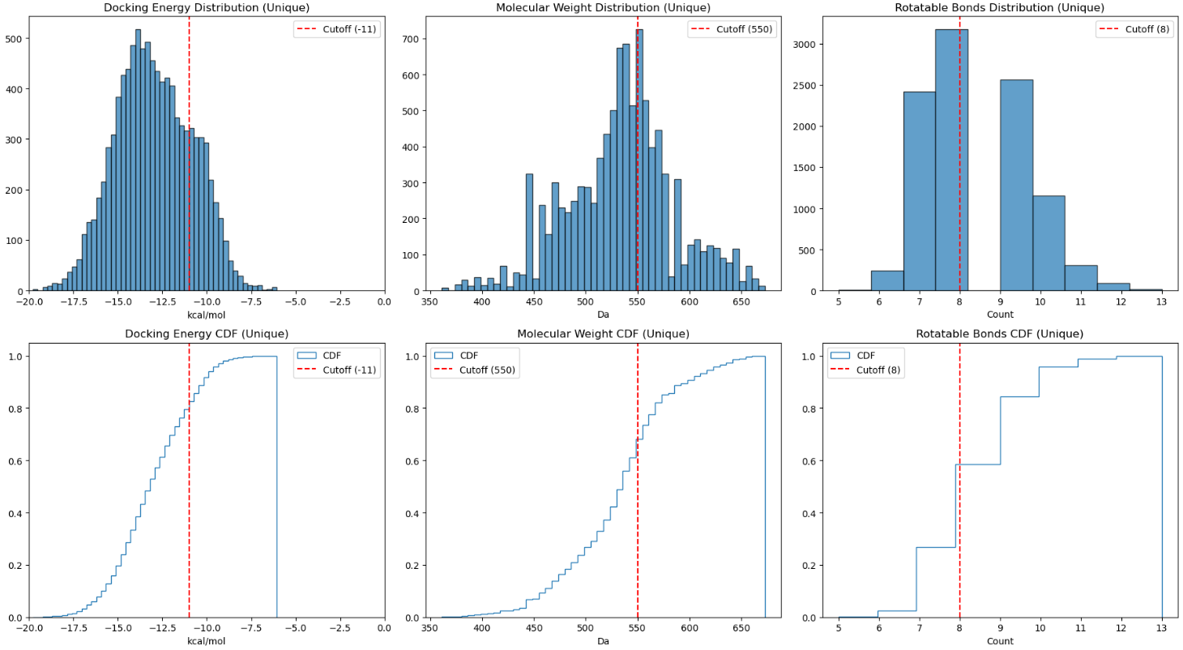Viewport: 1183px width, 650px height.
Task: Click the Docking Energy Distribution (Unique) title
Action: [x=207, y=8]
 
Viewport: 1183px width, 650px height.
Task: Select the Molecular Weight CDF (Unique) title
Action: [x=603, y=334]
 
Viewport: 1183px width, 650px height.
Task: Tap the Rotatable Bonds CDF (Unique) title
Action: [x=999, y=334]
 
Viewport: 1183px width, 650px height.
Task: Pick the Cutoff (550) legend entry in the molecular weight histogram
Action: [x=732, y=29]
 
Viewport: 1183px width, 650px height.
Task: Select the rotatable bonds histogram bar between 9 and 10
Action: [x=1016, y=186]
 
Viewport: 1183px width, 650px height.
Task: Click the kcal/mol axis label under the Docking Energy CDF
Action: [x=207, y=641]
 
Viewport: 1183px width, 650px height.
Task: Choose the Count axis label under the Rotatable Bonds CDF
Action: [x=999, y=641]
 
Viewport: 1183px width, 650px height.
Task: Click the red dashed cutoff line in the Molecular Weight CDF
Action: [x=638, y=486]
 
